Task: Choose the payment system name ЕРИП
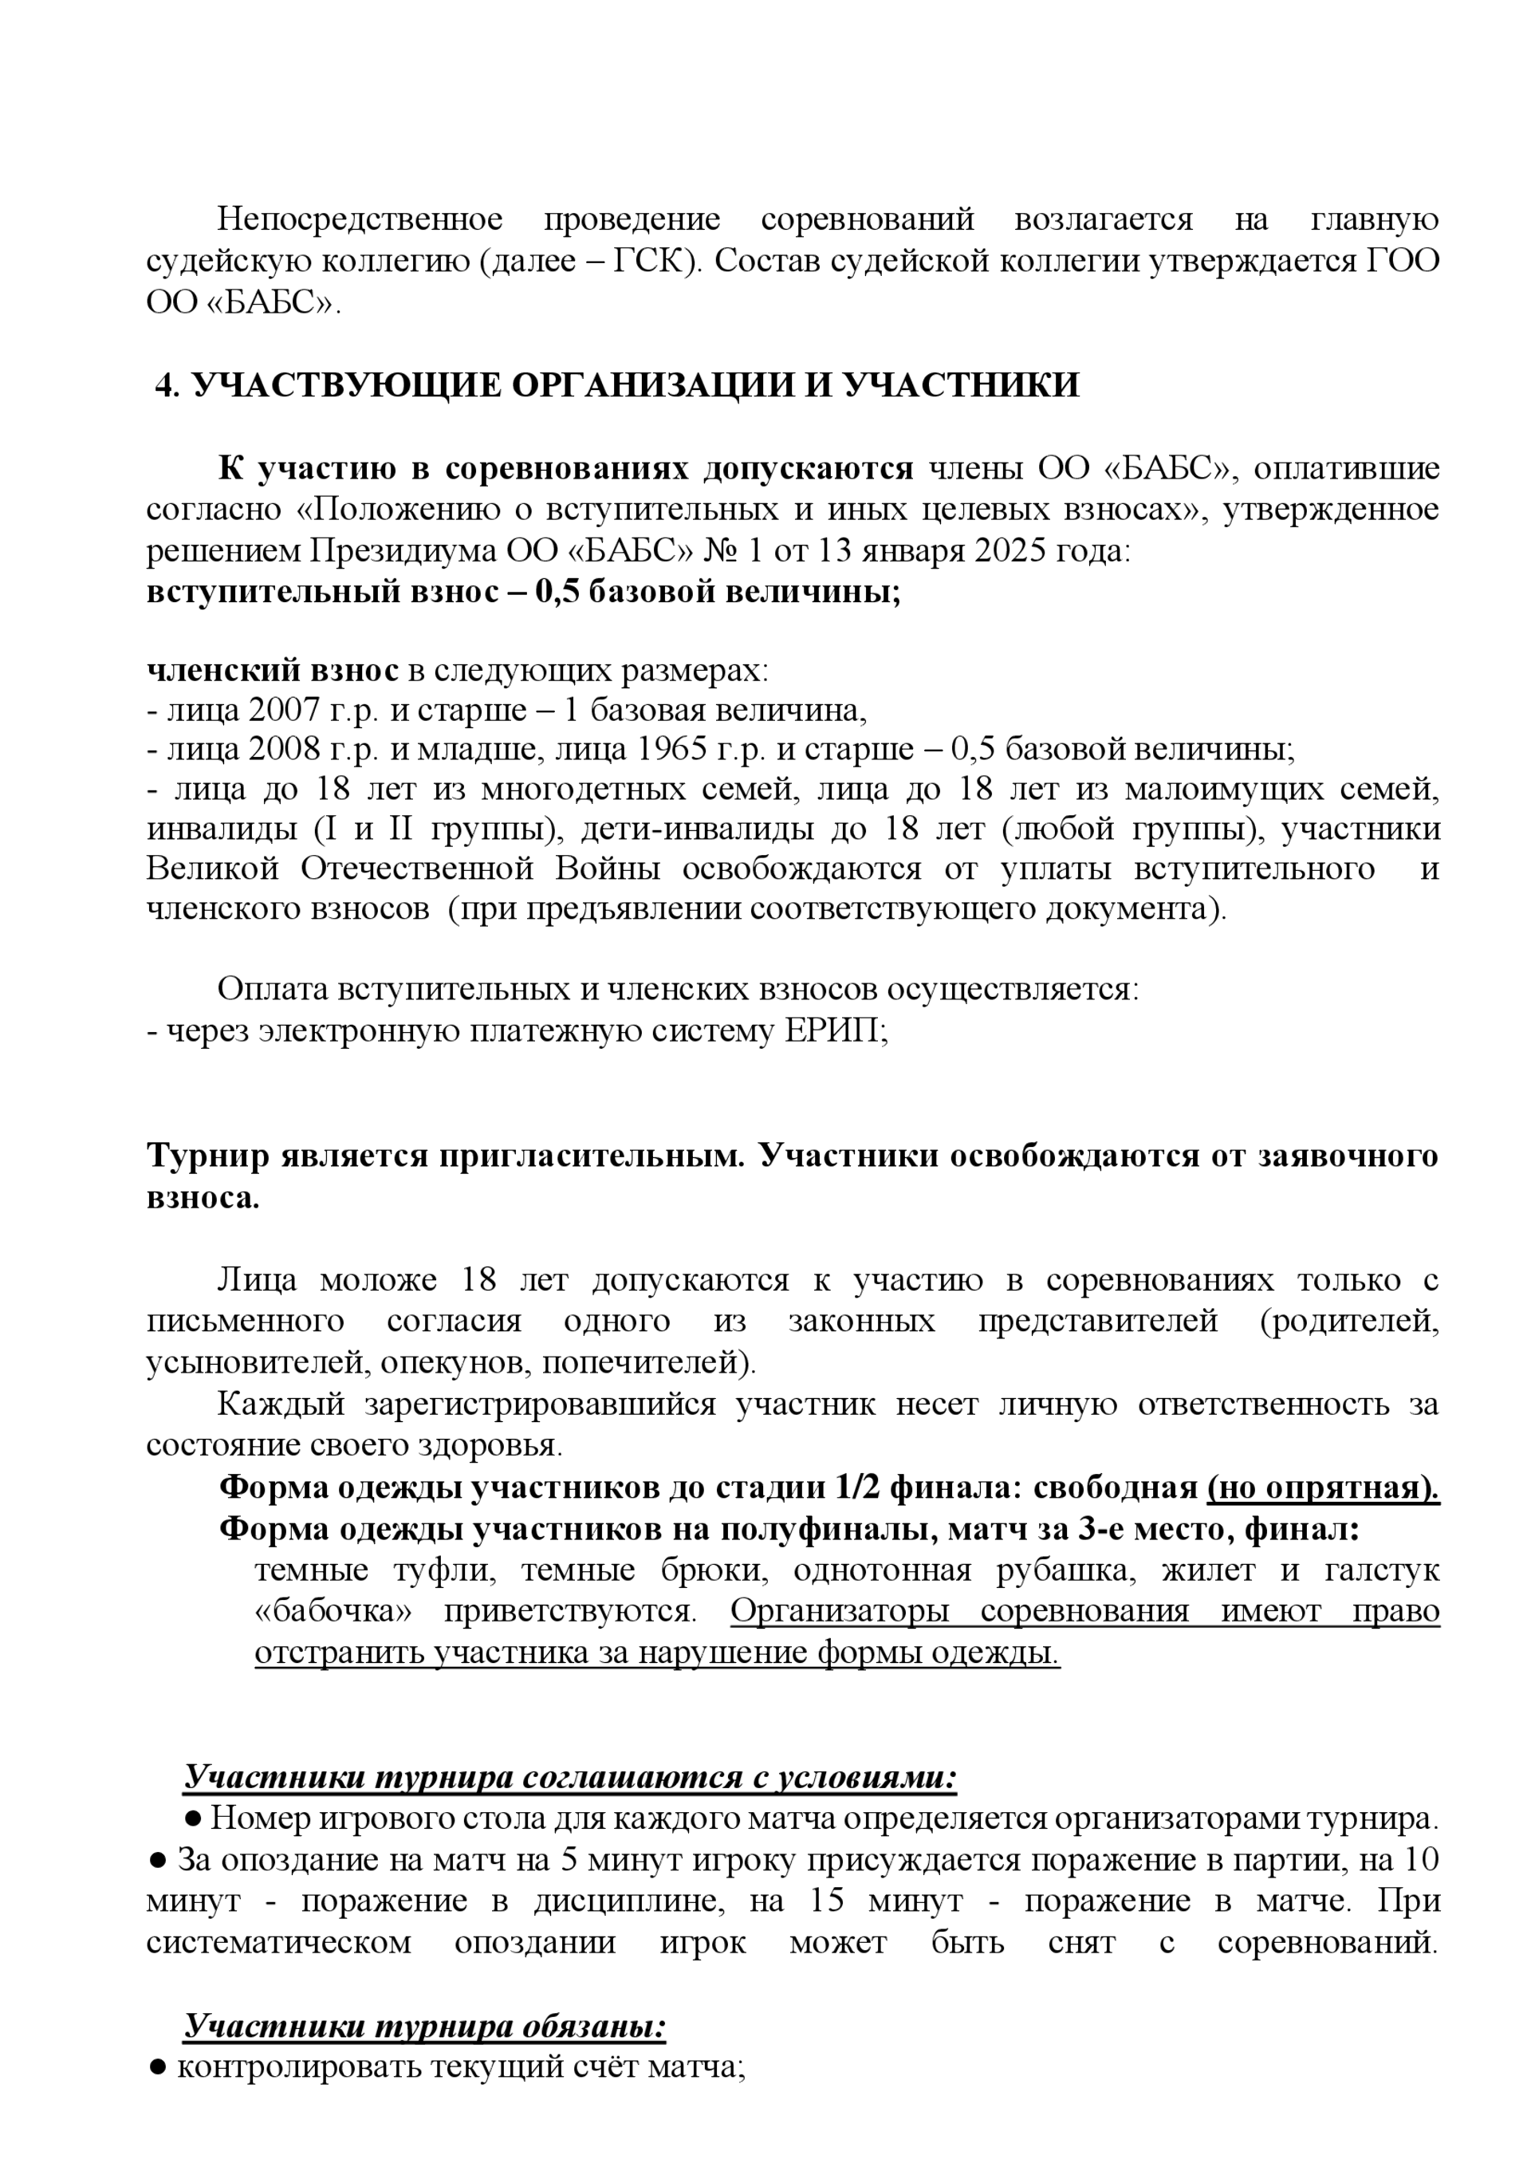(832, 1030)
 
